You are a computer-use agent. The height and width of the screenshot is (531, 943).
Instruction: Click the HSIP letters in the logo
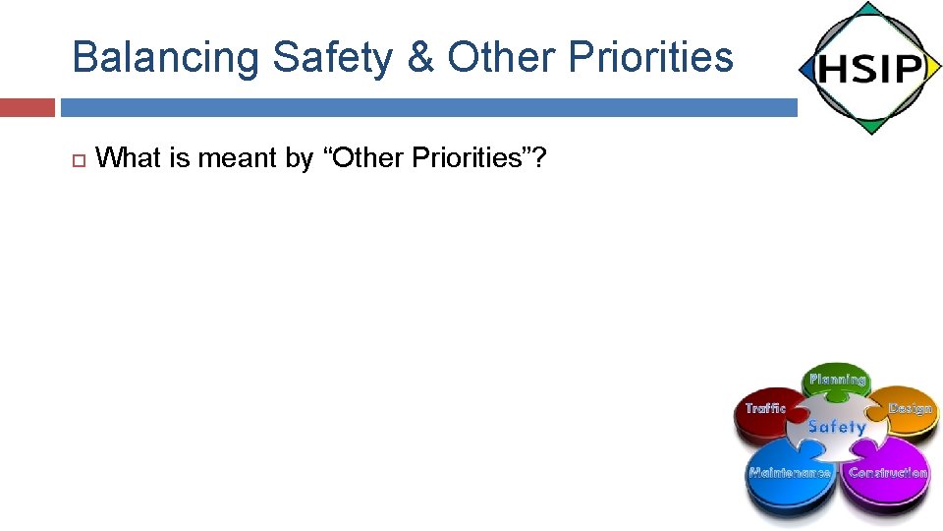click(869, 69)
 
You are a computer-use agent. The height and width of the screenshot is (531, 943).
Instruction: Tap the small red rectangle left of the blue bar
click(27, 107)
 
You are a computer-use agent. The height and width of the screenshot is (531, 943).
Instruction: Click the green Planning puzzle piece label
click(837, 380)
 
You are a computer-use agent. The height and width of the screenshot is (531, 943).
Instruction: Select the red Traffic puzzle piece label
click(765, 408)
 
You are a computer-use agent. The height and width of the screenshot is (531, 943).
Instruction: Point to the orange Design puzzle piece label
click(910, 407)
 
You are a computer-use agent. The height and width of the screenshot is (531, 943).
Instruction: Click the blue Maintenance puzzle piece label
click(789, 473)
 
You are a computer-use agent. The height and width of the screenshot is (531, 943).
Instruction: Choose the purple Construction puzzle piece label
click(888, 473)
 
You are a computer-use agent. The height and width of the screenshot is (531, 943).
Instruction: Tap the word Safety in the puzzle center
click(837, 427)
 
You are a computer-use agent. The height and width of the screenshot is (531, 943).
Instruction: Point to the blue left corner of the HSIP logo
click(807, 70)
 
